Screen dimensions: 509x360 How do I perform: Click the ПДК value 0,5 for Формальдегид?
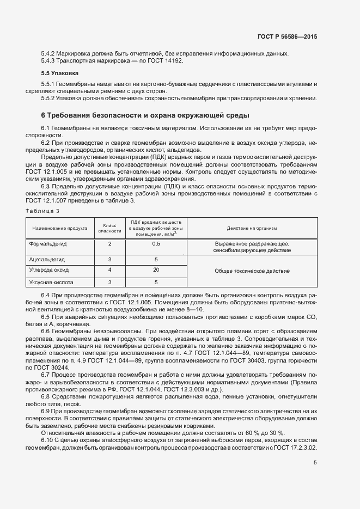click(x=156, y=244)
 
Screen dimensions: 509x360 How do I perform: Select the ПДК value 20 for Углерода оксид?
click(x=156, y=270)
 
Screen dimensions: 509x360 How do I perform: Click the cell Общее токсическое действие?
click(x=252, y=271)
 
